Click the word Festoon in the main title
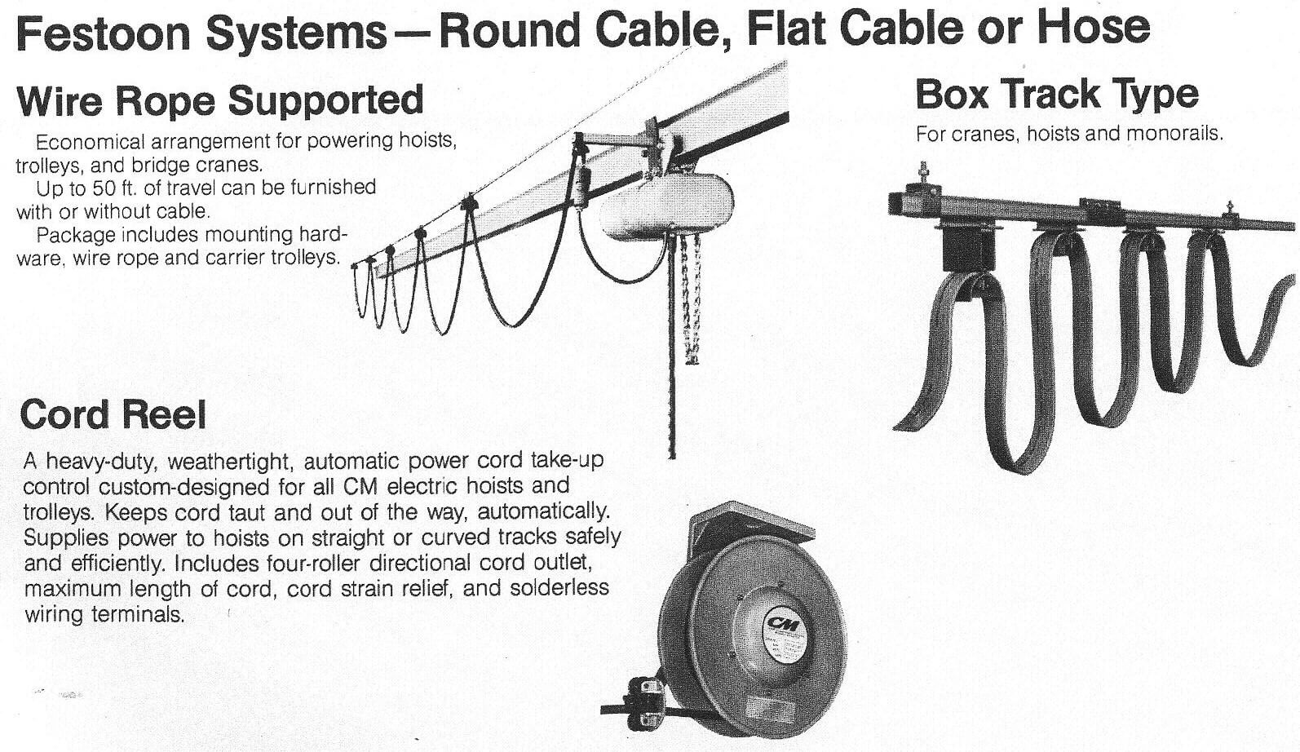(104, 32)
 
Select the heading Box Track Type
(1057, 95)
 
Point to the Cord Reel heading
(113, 414)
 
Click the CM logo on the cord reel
(784, 625)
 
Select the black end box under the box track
(967, 249)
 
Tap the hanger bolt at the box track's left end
(923, 173)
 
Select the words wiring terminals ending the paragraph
(104, 614)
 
